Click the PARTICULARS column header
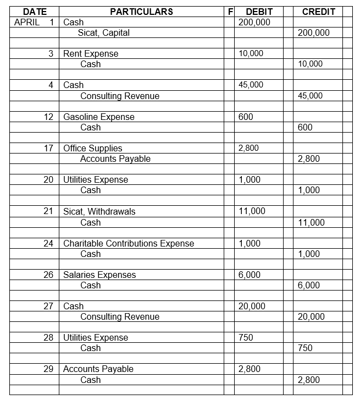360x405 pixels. tap(141, 12)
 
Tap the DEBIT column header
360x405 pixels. tap(259, 12)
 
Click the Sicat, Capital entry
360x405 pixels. tap(104, 33)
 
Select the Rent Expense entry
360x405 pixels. tap(91, 54)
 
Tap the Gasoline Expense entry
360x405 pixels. tap(99, 117)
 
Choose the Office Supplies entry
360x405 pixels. tap(93, 149)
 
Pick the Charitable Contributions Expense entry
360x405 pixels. tap(129, 243)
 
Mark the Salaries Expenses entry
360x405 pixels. tap(99, 275)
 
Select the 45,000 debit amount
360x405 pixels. tap(251, 85)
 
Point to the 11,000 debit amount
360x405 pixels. tap(252, 212)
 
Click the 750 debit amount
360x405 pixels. tap(246, 338)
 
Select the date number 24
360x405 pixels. tap(49, 243)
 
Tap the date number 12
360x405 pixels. tap(49, 117)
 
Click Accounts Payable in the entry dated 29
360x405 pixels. tap(98, 369)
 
